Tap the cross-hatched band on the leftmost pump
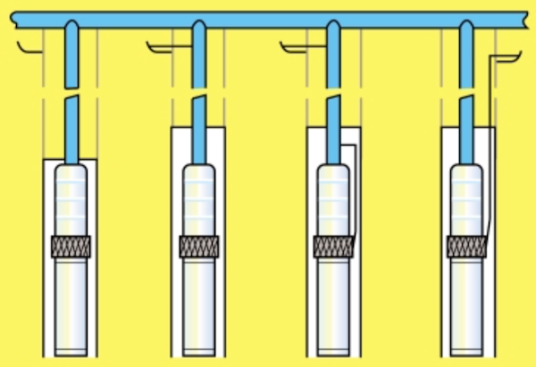(x=71, y=246)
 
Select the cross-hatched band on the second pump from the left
(x=198, y=246)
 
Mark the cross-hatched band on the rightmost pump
(x=466, y=246)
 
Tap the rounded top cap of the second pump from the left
(x=198, y=171)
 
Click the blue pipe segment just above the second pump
(x=198, y=134)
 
